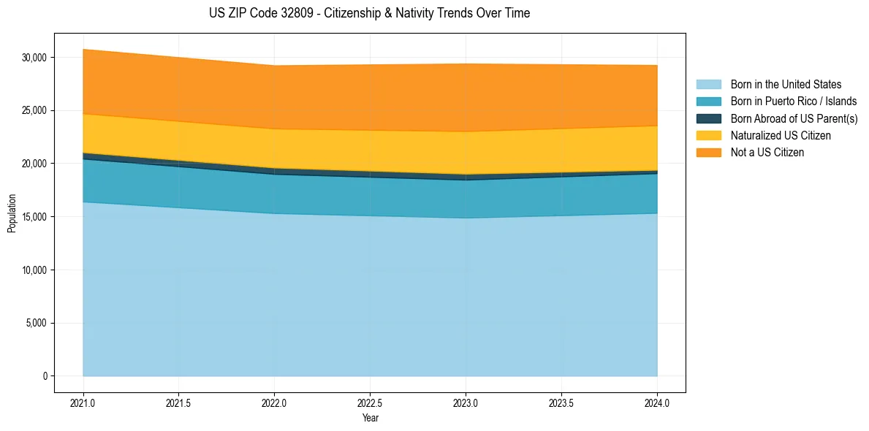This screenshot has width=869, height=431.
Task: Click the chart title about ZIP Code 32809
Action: [x=369, y=13]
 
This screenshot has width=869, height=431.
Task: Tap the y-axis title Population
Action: [x=12, y=213]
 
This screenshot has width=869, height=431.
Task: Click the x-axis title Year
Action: [x=370, y=419]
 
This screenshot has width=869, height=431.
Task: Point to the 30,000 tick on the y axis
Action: [x=34, y=58]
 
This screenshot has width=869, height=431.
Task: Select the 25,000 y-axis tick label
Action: [x=34, y=111]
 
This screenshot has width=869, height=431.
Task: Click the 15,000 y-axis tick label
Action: [x=34, y=217]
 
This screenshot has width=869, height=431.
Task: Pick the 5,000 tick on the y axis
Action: [x=37, y=324]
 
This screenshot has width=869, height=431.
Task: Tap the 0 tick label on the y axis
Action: [x=45, y=376]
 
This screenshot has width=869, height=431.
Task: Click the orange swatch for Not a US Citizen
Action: [x=708, y=153]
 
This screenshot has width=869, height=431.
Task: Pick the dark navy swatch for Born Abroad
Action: [x=708, y=118]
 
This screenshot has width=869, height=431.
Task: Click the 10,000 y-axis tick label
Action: [x=34, y=270]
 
